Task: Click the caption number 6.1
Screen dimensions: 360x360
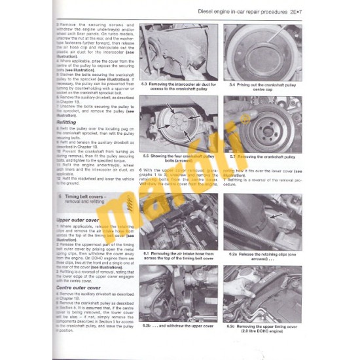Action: coord(145,253)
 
